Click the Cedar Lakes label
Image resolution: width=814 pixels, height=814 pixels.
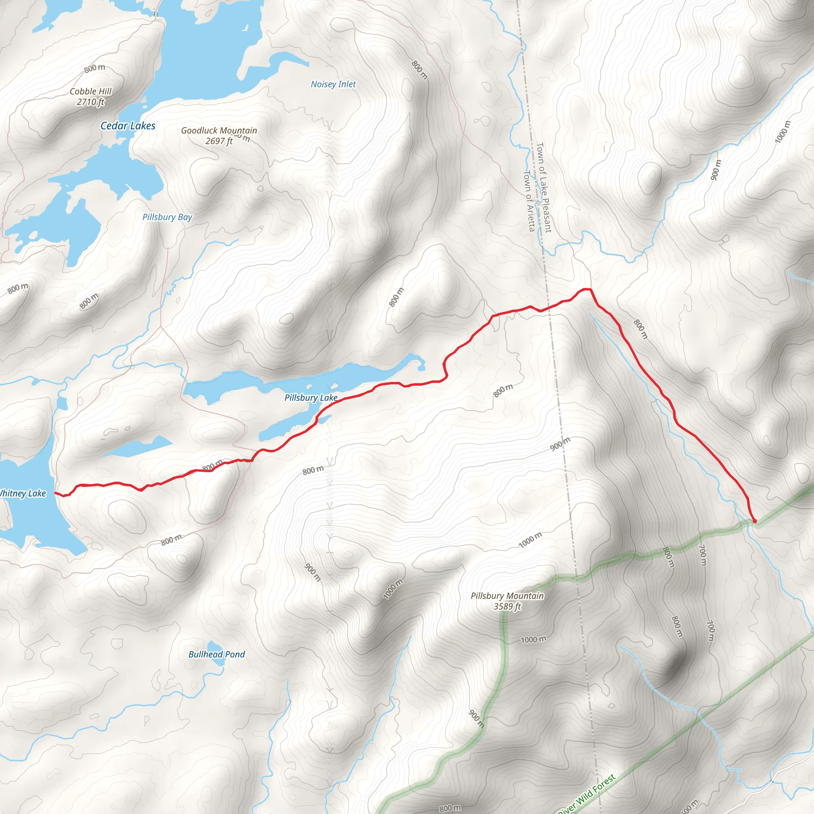tap(128, 126)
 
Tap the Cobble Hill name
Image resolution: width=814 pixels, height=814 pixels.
tap(91, 91)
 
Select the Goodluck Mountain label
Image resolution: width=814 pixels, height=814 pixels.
tap(219, 131)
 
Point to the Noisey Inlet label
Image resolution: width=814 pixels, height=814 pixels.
tap(333, 84)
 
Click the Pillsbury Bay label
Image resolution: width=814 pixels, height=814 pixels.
tap(167, 217)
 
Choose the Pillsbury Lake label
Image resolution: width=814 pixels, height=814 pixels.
tap(310, 398)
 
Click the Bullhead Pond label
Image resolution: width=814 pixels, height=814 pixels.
tap(216, 654)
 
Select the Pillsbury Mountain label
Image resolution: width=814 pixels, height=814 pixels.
tap(507, 596)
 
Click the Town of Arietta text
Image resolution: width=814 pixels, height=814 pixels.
tap(529, 201)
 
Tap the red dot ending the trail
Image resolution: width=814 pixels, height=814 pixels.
tap(755, 521)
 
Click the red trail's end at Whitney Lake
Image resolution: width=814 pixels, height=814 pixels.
tap(56, 493)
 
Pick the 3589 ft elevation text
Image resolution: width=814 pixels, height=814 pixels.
tap(507, 606)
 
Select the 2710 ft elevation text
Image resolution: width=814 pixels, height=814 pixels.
tap(90, 102)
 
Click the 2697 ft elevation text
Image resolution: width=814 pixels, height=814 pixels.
tap(219, 141)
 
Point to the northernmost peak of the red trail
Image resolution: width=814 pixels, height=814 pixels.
tap(585, 289)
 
